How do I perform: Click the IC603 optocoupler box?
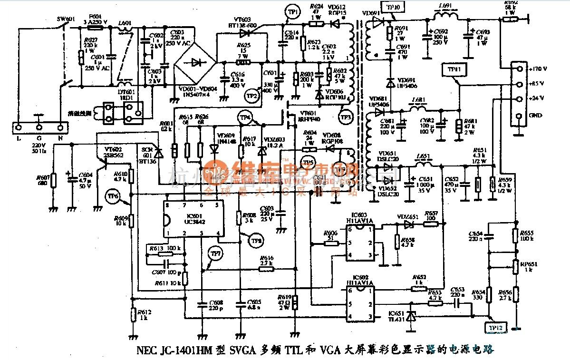click(x=360, y=243)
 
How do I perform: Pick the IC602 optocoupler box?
click(x=360, y=303)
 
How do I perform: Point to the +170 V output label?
click(x=537, y=68)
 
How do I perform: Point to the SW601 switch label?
click(x=64, y=19)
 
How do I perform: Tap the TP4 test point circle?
click(x=245, y=117)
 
